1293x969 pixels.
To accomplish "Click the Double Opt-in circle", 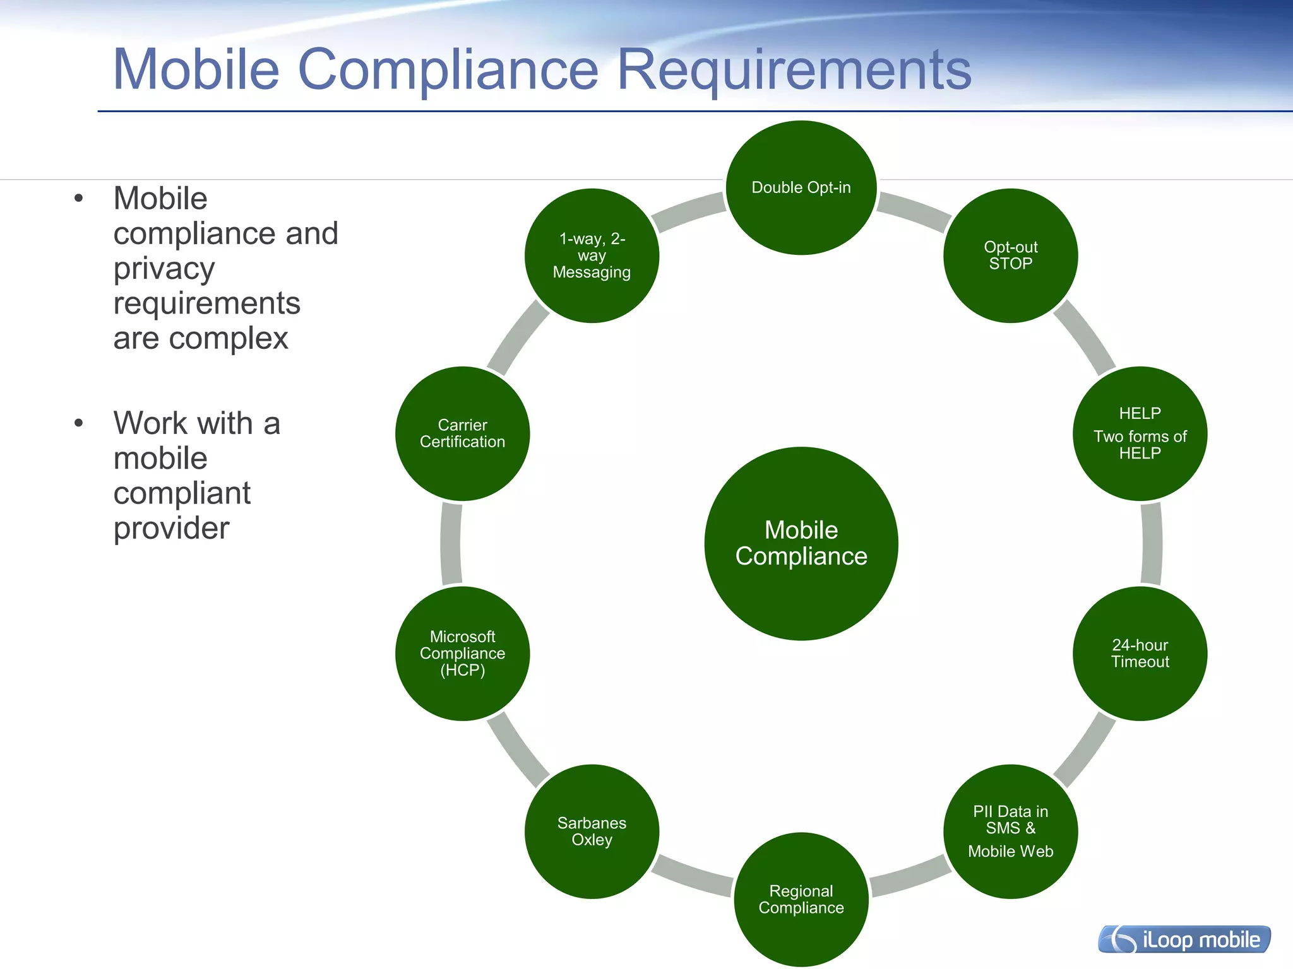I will pyautogui.click(x=801, y=188).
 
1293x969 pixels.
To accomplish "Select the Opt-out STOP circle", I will pyautogui.click(x=1010, y=255).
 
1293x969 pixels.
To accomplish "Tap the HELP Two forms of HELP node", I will pyautogui.click(x=1140, y=433).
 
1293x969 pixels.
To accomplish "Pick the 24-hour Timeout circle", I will pyautogui.click(x=1140, y=654).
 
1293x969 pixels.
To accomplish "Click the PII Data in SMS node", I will pyautogui.click(x=1010, y=831).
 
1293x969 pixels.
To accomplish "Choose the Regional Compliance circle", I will pyautogui.click(x=801, y=899).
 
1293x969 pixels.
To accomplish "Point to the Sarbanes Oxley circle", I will pyautogui.click(x=592, y=831).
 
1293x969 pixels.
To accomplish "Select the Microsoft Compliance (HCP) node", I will pyautogui.click(x=462, y=654).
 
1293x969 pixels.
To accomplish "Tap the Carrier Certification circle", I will pyautogui.click(x=462, y=433).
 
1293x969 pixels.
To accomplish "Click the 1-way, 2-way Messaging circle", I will pyautogui.click(x=592, y=255).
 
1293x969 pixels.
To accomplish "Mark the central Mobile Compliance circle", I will pyautogui.click(x=801, y=543).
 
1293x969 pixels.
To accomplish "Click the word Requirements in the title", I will pyautogui.click(x=794, y=71).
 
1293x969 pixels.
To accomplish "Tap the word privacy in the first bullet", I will pyautogui.click(x=164, y=269).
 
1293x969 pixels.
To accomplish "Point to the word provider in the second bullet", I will pyautogui.click(x=171, y=528).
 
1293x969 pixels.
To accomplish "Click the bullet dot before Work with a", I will pyautogui.click(x=78, y=423).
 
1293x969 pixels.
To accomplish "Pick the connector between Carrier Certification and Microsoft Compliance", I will pyautogui.click(x=451, y=544).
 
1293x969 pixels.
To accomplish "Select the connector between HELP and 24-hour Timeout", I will pyautogui.click(x=1152, y=544).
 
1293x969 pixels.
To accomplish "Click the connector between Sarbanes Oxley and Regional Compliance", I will pyautogui.click(x=693, y=876).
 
